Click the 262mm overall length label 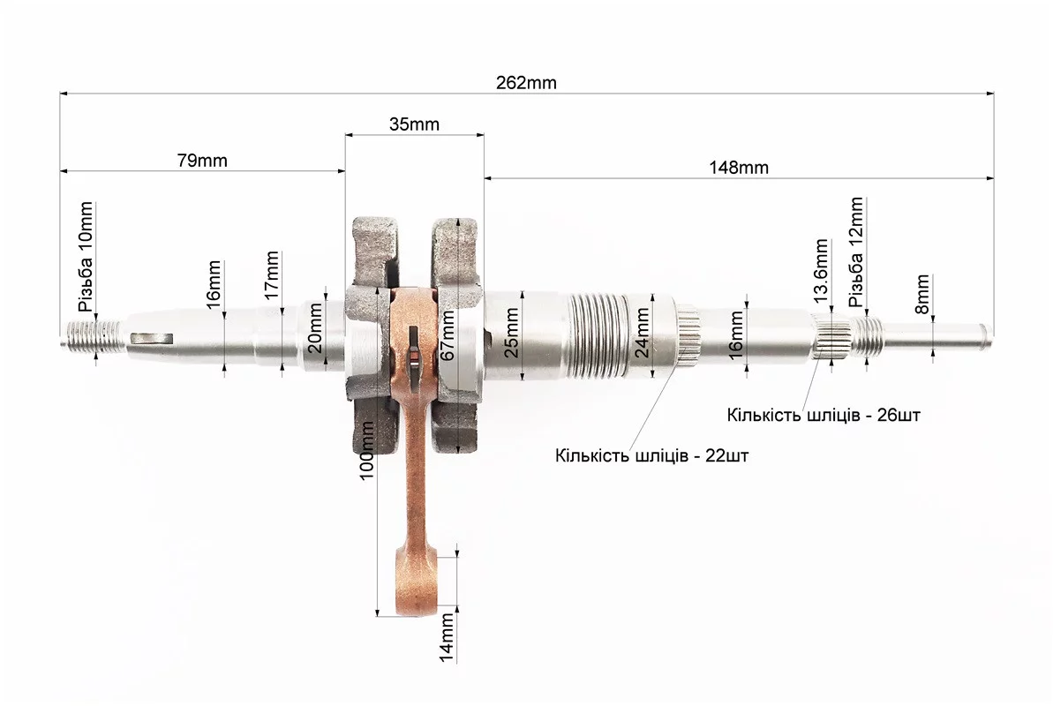pos(526,83)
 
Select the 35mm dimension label pos(414,124)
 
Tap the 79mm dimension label pos(202,161)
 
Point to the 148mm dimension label pos(739,168)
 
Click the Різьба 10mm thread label pos(86,257)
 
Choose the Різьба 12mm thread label pos(855,252)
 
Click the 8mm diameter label pos(922,294)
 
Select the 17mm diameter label pos(271,275)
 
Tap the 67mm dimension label pos(448,335)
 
